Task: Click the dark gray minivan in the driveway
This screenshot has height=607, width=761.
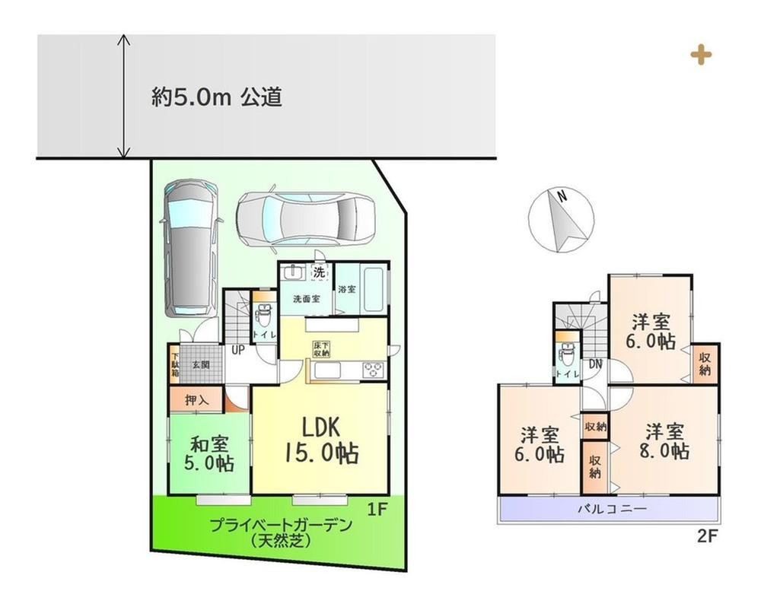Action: pos(191,249)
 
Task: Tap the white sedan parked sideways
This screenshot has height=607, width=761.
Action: pos(307,218)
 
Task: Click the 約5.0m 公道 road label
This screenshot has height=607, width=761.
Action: pos(217,97)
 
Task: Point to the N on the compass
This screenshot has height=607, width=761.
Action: pos(562,196)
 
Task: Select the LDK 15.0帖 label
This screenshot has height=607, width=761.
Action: pos(321,440)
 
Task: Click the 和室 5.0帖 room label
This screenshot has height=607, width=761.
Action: pos(209,453)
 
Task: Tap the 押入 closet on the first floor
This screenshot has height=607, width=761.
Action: pos(196,400)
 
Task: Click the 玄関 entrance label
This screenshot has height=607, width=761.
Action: pos(201,364)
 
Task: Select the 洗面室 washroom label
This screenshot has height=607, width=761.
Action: pos(306,299)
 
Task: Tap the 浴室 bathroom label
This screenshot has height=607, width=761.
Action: pos(347,289)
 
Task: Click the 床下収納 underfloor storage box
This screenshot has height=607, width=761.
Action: pos(321,349)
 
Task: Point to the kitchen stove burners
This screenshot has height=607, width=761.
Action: pos(373,370)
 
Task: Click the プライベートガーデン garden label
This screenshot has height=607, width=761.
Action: pos(281,526)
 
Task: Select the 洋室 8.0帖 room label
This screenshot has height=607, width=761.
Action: pos(664,441)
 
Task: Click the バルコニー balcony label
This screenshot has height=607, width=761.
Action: pos(612,509)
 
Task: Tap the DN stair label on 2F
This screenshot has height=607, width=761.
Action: pos(596,364)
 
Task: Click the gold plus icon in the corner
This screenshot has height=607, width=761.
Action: pos(701,55)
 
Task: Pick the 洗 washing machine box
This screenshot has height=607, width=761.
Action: pos(319,272)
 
